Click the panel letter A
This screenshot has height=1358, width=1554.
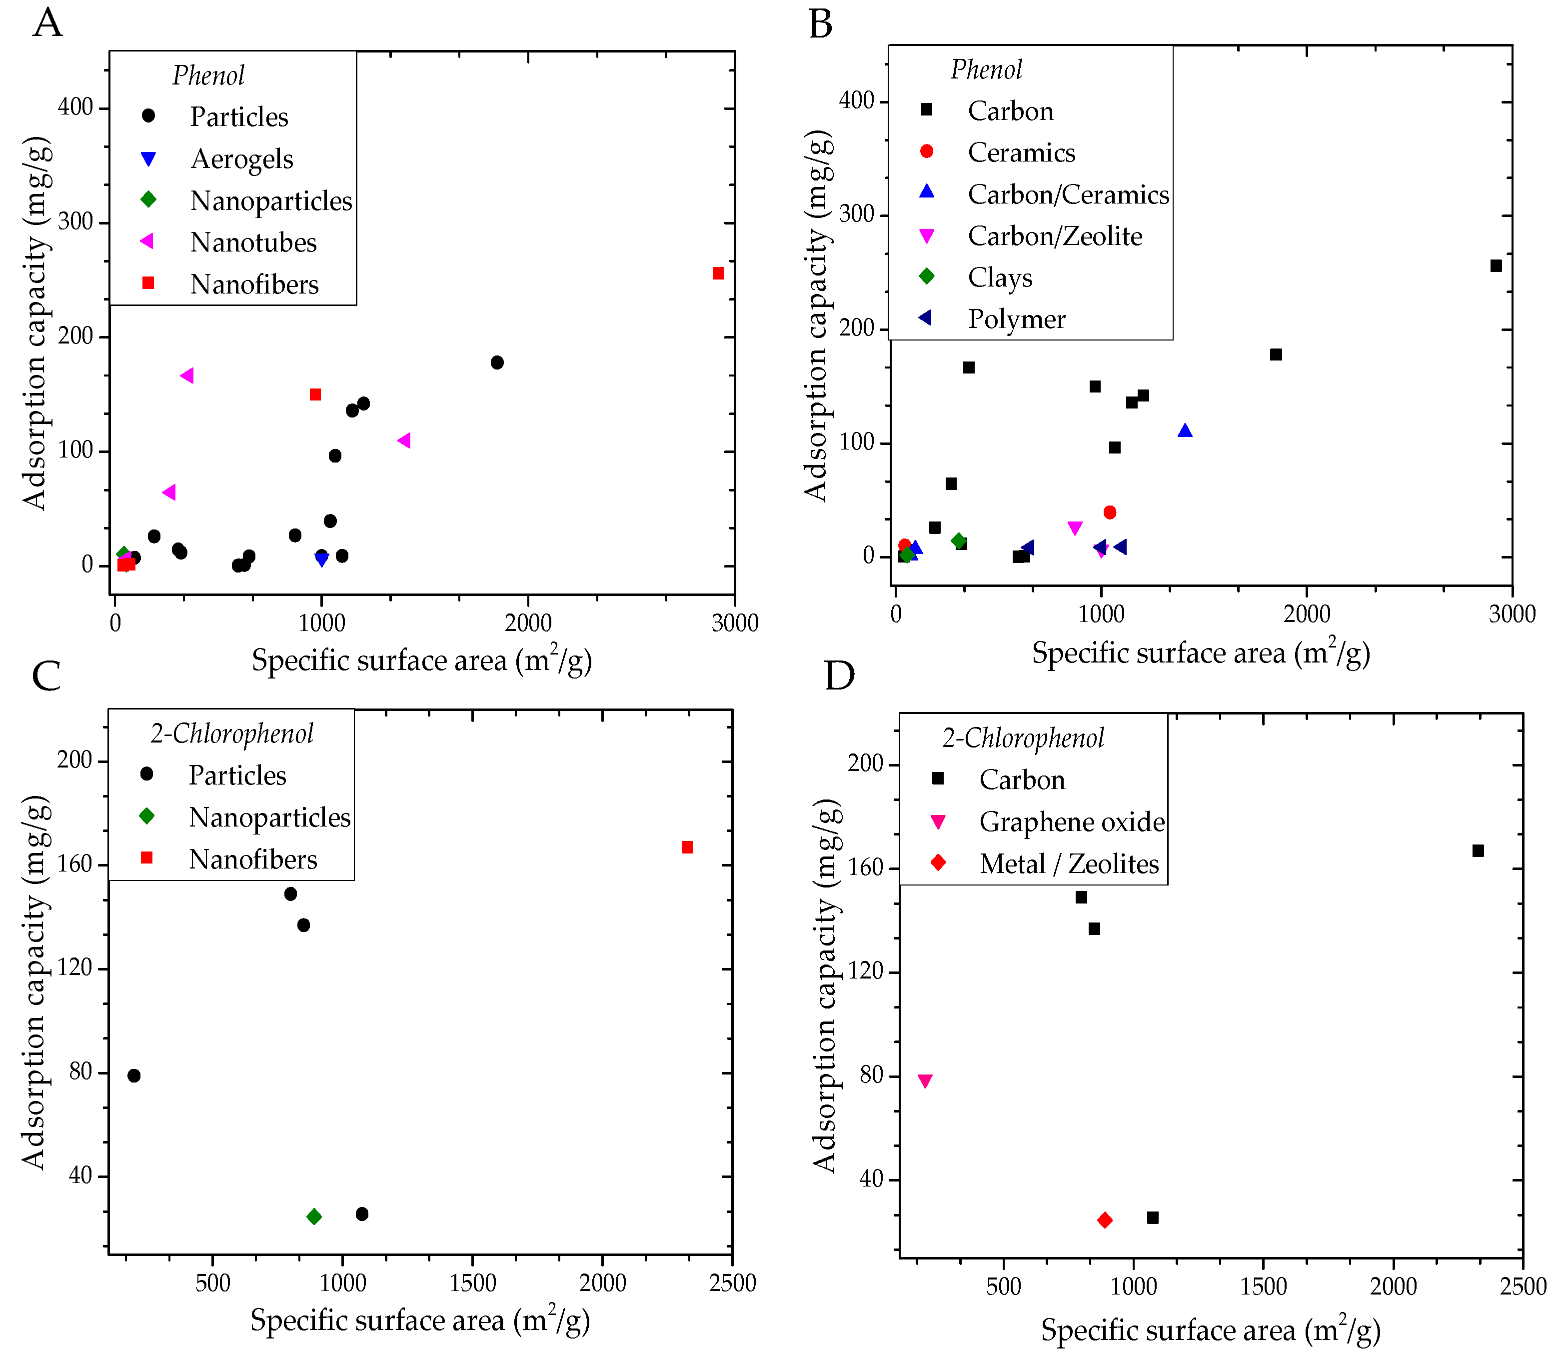(x=47, y=22)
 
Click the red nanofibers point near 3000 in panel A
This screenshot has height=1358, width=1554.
(x=718, y=273)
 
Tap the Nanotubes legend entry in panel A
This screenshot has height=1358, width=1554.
(x=253, y=242)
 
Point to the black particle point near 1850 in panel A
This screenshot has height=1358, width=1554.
(x=497, y=362)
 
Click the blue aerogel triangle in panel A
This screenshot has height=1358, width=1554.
(x=322, y=560)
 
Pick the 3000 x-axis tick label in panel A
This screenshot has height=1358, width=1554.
(x=734, y=623)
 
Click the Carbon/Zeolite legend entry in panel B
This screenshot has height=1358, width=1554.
(x=1054, y=236)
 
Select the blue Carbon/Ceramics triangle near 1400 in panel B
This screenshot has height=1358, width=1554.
(x=1185, y=431)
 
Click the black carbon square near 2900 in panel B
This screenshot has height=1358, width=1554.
(x=1496, y=265)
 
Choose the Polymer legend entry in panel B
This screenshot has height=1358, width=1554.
(x=1016, y=319)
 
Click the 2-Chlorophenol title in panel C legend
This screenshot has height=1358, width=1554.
(x=232, y=733)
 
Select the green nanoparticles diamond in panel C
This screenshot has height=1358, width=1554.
(x=314, y=1216)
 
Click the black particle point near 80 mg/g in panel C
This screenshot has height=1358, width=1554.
(x=134, y=1075)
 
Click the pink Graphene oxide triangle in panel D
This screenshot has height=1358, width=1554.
(x=924, y=1080)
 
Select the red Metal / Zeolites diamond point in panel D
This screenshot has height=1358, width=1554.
(x=1105, y=1220)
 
